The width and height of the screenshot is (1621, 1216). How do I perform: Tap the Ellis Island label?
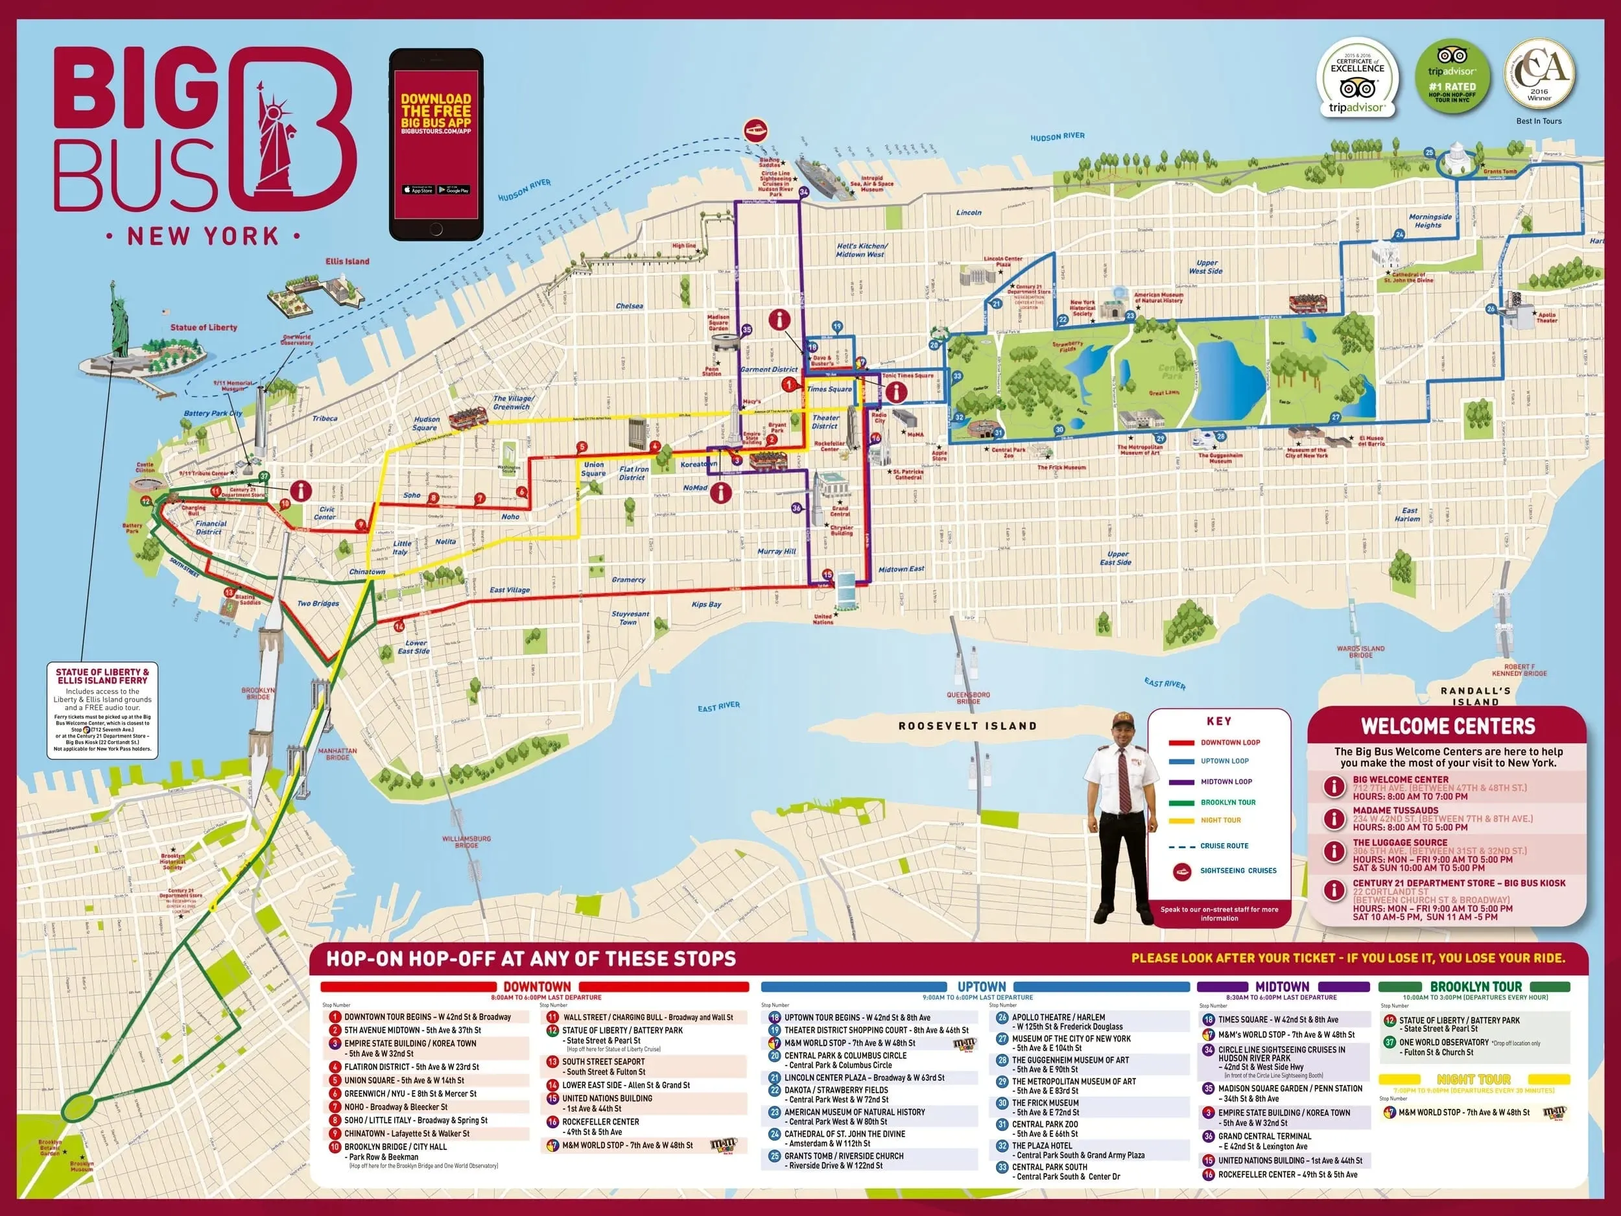[348, 261]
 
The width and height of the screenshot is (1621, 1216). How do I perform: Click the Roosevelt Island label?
[967, 726]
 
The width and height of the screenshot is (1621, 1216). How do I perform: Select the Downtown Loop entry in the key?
[1229, 743]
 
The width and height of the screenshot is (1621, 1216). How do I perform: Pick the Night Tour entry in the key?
[1220, 820]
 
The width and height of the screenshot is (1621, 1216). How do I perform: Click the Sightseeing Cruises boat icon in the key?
[1181, 871]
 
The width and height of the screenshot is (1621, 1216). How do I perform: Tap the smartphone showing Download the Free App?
[436, 145]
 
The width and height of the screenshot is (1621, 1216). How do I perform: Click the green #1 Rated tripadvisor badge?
[1452, 78]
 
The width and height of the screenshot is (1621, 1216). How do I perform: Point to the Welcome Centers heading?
[1447, 726]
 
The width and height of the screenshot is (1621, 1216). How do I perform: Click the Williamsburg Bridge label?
[466, 841]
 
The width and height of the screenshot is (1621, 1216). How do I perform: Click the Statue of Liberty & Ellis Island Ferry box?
[102, 710]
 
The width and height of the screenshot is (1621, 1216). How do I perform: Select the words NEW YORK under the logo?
[203, 236]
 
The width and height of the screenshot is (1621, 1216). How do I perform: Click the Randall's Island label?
[1475, 696]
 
